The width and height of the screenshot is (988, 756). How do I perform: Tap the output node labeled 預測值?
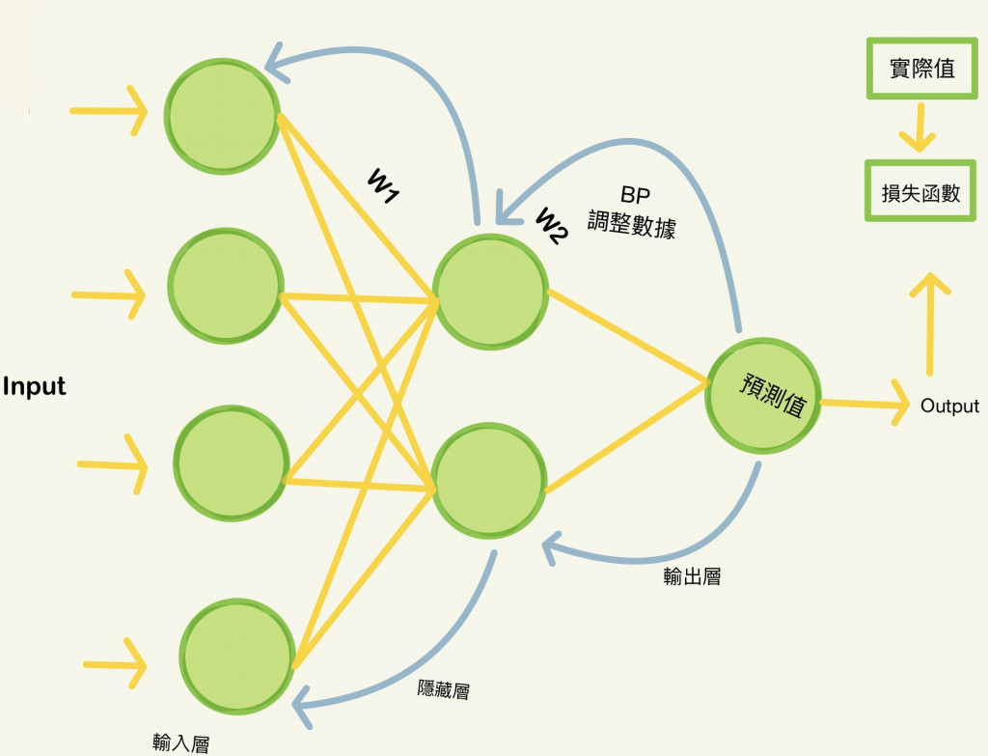click(x=762, y=394)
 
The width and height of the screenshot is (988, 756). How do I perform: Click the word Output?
click(x=949, y=406)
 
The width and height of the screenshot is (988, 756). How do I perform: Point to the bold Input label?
click(x=35, y=387)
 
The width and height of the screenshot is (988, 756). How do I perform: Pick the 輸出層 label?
click(x=692, y=577)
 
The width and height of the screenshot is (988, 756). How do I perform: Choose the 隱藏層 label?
click(x=443, y=689)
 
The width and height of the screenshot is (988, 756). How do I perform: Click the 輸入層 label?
click(x=180, y=742)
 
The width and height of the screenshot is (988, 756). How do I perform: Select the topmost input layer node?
click(x=223, y=115)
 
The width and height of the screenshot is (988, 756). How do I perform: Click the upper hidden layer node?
click(x=490, y=289)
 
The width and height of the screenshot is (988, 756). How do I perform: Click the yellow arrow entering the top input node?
click(x=108, y=112)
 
